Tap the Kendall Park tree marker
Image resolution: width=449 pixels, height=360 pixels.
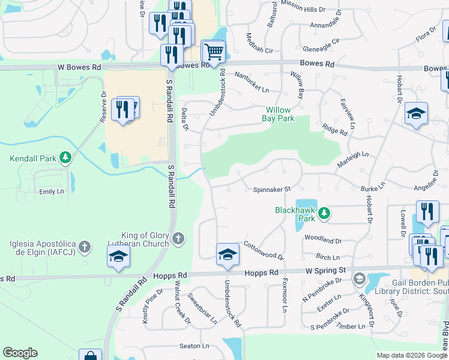[65, 158]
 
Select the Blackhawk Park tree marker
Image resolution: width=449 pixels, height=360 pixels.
[324, 212]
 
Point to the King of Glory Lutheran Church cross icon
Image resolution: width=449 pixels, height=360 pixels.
[178, 239]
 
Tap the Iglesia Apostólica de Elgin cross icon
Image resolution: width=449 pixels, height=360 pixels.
[85, 246]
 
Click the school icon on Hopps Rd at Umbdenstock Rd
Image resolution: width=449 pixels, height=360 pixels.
[228, 254]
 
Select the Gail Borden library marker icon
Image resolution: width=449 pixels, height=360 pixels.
[359, 278]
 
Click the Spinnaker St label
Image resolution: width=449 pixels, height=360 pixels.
[271, 190]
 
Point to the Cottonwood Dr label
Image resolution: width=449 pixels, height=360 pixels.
[264, 251]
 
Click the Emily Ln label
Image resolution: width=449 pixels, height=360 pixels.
[51, 191]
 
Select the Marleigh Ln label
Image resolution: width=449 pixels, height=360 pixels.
[352, 155]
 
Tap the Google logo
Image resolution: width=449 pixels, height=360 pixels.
[20, 353]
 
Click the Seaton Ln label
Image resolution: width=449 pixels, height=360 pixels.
[194, 346]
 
